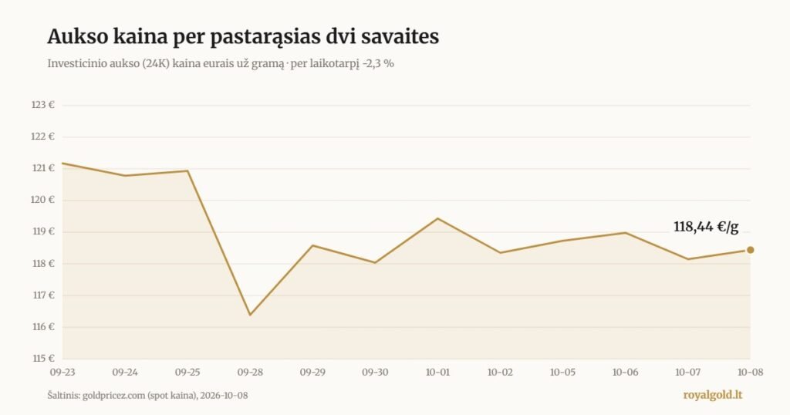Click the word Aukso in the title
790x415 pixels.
click(76, 37)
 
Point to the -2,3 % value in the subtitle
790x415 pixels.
click(378, 64)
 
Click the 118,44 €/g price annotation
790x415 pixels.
click(706, 227)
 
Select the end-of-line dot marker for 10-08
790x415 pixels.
click(750, 250)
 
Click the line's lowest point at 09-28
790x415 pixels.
click(250, 315)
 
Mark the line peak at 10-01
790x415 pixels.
click(438, 218)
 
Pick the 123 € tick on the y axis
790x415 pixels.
click(43, 105)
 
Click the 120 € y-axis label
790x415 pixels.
click(43, 200)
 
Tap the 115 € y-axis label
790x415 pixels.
click(43, 358)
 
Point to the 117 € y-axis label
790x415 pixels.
click(43, 295)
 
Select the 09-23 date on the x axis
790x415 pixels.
click(62, 373)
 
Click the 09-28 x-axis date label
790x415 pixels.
click(250, 373)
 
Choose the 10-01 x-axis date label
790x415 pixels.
click(437, 373)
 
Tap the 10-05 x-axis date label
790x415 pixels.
click(562, 373)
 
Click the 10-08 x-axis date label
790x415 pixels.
click(750, 373)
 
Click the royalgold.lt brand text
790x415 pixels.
click(712, 395)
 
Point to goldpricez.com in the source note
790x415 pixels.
click(113, 396)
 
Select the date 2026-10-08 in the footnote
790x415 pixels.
click(224, 396)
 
